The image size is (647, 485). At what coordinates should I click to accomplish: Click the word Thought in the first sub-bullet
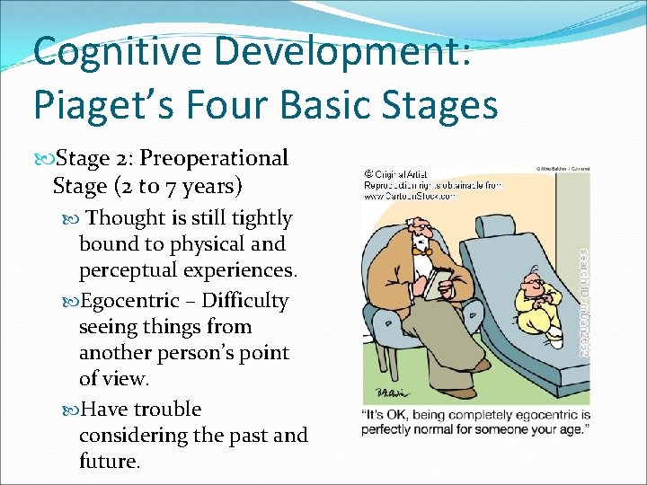(x=126, y=218)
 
